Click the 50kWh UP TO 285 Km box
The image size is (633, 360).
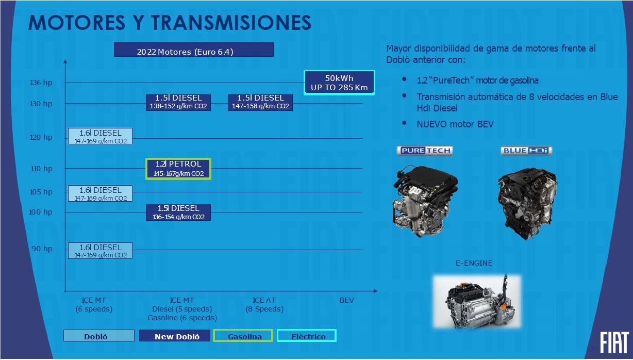pos(339,83)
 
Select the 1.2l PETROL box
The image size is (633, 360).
pos(178,169)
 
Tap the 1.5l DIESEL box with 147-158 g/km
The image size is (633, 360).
pos(260,102)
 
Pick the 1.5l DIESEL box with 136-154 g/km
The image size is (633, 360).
pos(178,212)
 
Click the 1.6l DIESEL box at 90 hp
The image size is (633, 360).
pos(100,251)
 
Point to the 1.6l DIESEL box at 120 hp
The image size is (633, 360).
pos(100,136)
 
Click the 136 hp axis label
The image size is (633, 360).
pos(41,83)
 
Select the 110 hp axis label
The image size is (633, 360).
pos(41,169)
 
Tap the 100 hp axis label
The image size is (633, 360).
pos(40,212)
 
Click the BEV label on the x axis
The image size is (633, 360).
pos(346,300)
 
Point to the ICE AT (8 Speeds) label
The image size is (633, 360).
pos(264,305)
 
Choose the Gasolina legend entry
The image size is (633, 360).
pos(243,336)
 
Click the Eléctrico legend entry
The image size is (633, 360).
pos(307,336)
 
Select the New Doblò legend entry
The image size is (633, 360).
pos(175,336)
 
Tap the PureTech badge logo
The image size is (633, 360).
pos(425,151)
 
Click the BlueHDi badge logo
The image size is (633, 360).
pos(526,151)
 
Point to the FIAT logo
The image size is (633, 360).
pos(614,342)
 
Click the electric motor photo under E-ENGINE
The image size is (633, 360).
pos(477,302)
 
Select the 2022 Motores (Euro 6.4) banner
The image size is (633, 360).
pos(194,50)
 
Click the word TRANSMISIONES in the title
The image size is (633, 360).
pos(231,22)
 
